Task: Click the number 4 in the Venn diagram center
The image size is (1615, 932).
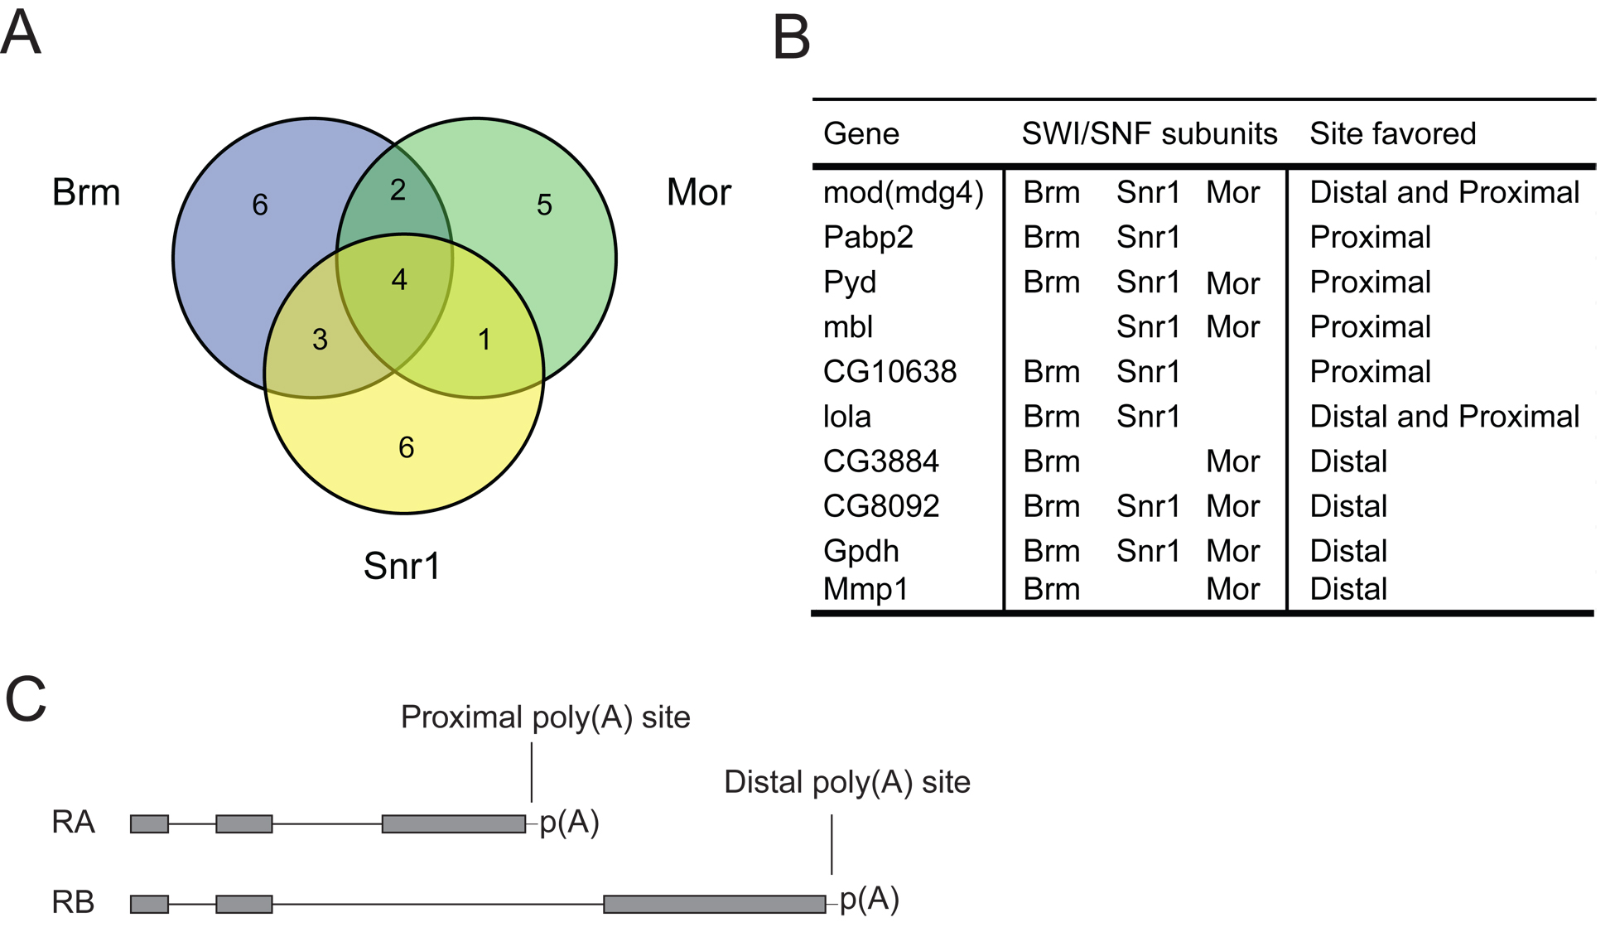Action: tap(399, 280)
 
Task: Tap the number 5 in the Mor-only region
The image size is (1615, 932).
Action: tap(544, 205)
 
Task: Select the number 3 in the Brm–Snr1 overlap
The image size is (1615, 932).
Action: tap(320, 339)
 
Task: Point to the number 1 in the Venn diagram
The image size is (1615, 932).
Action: tap(485, 339)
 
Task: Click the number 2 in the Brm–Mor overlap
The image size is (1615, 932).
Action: tap(398, 190)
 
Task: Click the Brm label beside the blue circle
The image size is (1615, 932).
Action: tap(86, 192)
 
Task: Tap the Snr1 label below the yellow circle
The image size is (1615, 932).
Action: tap(402, 566)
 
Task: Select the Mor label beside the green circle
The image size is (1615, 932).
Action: tap(699, 192)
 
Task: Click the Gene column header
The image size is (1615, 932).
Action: tap(861, 133)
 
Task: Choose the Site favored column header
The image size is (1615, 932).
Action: tap(1393, 133)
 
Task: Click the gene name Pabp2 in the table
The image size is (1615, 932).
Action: tap(868, 238)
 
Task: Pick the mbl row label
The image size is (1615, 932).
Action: tap(848, 327)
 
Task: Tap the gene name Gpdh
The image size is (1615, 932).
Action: tap(861, 552)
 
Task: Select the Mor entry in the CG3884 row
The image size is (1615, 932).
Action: tap(1233, 461)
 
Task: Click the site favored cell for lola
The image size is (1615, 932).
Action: tap(1445, 417)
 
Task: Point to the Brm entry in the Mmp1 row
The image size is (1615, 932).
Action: tap(1052, 589)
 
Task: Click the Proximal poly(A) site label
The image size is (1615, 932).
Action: tap(545, 717)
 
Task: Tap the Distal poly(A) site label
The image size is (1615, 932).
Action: tap(847, 782)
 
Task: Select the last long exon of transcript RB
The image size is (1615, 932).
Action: tap(715, 904)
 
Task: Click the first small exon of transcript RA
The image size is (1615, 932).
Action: tap(150, 823)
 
